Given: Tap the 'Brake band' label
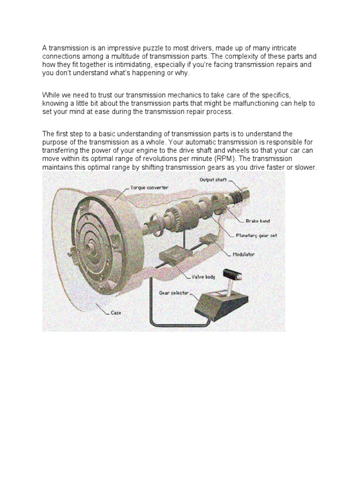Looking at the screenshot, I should [x=258, y=220].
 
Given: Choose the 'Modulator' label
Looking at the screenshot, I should [x=244, y=255].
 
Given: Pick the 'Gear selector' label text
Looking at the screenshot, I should [x=174, y=292].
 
